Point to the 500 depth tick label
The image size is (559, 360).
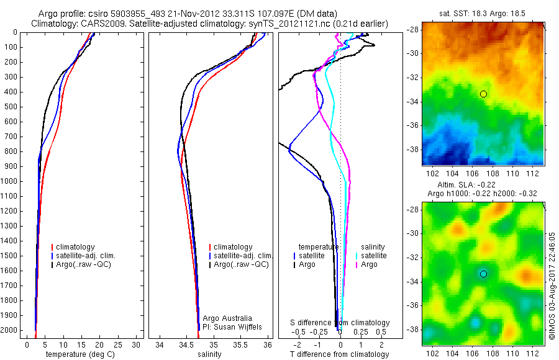coord(9,107)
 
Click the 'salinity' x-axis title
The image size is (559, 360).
coord(209,354)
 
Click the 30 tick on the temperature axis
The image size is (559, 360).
coord(137,344)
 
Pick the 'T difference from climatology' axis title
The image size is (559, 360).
coord(339,354)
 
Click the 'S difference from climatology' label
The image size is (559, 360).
coord(340,323)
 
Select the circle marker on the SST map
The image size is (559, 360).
coord(483,94)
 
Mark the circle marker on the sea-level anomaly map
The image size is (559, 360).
coord(483,274)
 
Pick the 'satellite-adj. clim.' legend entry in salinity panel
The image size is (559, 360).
coord(243,256)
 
